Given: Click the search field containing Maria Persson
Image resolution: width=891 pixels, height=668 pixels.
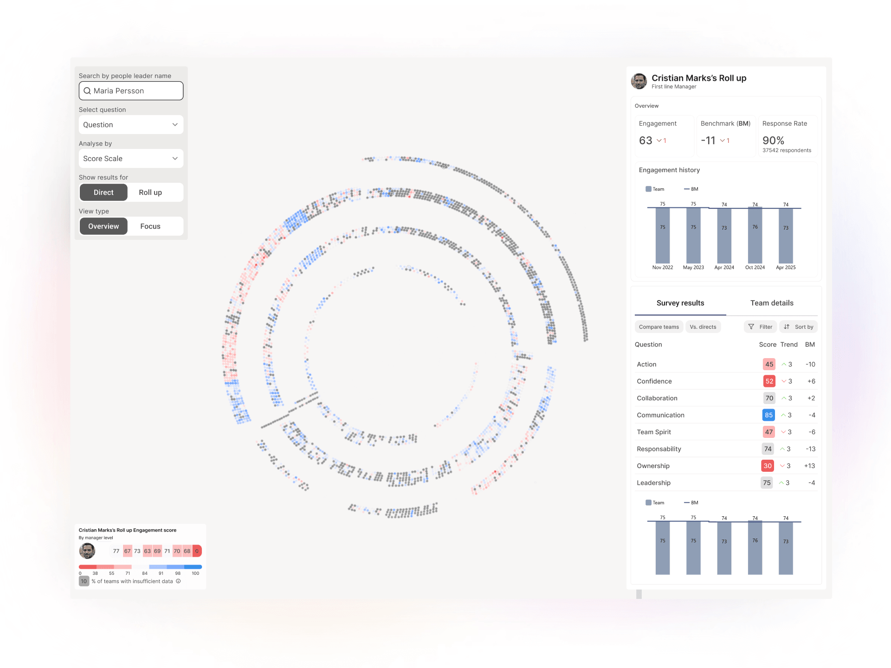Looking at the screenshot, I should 131,91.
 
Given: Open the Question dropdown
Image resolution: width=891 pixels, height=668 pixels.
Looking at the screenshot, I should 131,125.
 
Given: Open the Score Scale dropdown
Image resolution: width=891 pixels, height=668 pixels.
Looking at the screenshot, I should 131,159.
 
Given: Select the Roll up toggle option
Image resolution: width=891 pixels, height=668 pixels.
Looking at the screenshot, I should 150,193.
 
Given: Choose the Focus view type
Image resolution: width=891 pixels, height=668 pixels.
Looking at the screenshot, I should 150,226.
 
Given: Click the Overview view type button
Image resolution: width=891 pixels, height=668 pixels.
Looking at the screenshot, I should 103,226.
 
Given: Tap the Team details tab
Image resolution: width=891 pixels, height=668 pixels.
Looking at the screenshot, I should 772,303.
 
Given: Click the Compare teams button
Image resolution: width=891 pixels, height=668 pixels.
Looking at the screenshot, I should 659,327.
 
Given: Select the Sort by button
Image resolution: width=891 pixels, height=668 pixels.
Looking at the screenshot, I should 799,327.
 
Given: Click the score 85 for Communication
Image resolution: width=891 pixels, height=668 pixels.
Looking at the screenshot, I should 768,415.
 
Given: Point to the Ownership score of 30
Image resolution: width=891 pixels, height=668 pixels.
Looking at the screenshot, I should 768,466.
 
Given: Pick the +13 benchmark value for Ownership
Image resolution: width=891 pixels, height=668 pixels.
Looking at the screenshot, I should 809,466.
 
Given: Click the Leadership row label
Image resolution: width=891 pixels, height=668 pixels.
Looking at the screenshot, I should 653,483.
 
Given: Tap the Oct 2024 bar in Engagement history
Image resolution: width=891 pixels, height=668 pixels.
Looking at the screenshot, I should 755,235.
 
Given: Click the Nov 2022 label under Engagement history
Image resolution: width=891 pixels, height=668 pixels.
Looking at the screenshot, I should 663,268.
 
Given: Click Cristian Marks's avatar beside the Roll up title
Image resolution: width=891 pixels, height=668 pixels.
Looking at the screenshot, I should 639,81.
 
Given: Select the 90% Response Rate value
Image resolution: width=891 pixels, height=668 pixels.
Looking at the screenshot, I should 773,141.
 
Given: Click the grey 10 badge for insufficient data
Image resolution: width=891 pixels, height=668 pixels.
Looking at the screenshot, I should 84,581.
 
